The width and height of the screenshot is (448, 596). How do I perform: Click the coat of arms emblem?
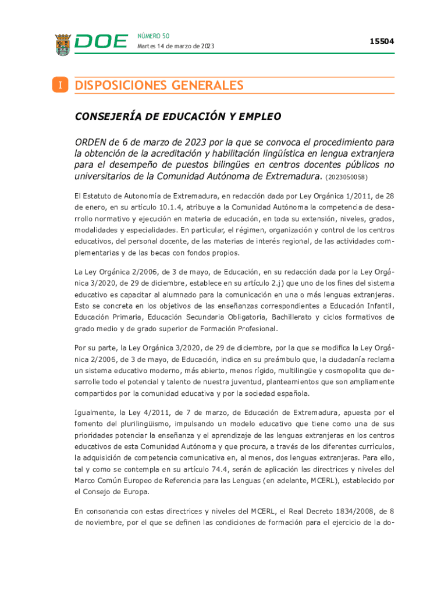(63, 45)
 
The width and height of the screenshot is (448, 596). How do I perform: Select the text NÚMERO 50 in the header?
(154, 36)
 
